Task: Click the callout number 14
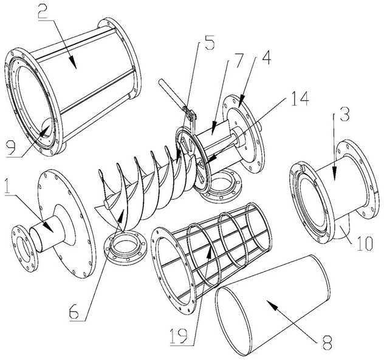tap(300, 98)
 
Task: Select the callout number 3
tap(345, 115)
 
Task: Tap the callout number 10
tap(365, 243)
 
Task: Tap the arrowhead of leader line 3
tap(335, 171)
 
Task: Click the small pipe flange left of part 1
tap(25, 248)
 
